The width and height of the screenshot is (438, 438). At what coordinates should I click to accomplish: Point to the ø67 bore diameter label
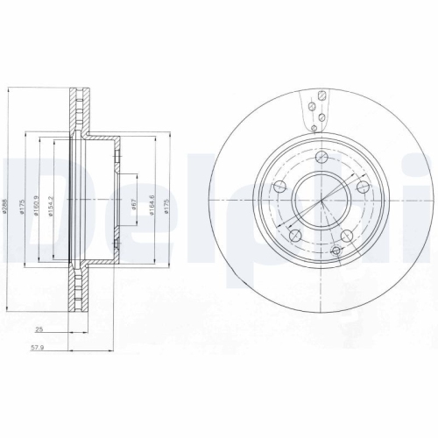coord(133,206)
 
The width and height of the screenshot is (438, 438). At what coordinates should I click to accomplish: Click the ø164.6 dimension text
coord(152,206)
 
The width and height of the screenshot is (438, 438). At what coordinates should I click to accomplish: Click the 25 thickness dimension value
coord(39,329)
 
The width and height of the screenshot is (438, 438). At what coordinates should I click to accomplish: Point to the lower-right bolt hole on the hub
coord(349,236)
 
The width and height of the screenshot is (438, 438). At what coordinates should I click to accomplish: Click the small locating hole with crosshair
coord(337,251)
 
